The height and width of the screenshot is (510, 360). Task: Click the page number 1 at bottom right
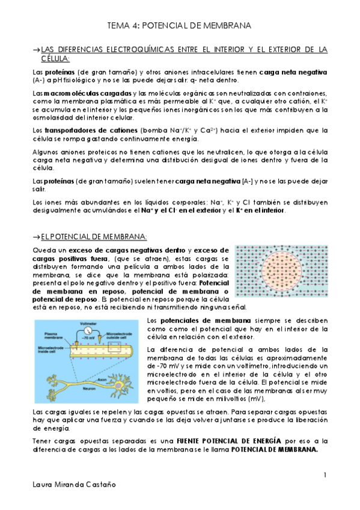point(325,475)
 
